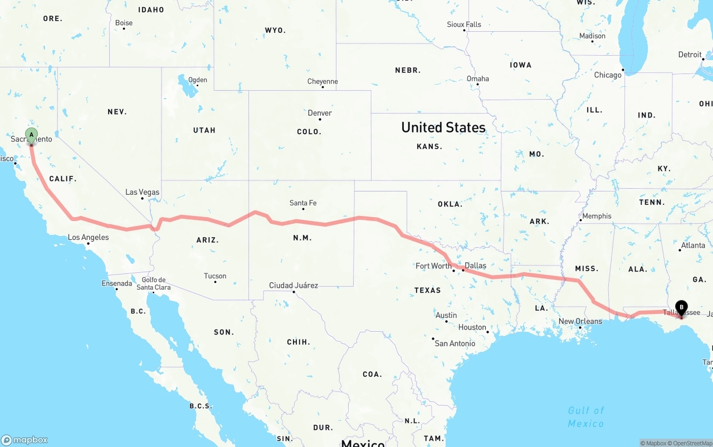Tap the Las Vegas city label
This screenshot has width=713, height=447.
click(x=142, y=192)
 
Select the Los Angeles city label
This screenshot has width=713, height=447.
click(x=88, y=237)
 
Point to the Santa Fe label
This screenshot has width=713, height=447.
click(x=303, y=203)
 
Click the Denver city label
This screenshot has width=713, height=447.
click(x=320, y=113)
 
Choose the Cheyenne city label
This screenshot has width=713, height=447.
click(x=323, y=81)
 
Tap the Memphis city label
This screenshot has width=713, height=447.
click(x=597, y=216)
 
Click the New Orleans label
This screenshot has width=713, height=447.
click(x=580, y=321)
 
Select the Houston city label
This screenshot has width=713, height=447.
click(x=472, y=327)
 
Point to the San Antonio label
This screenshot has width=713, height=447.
click(x=455, y=343)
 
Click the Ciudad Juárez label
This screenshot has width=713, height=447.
click(x=294, y=286)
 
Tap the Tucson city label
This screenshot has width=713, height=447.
click(x=215, y=276)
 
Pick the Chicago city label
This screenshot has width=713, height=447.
click(x=608, y=75)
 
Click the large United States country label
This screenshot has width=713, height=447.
click(x=443, y=127)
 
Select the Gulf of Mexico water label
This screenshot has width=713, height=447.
click(x=586, y=417)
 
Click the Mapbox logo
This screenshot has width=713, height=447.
click(x=25, y=440)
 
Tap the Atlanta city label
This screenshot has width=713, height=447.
click(x=693, y=245)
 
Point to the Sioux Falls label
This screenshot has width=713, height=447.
click(x=464, y=24)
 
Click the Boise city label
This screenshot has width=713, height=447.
click(x=124, y=23)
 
